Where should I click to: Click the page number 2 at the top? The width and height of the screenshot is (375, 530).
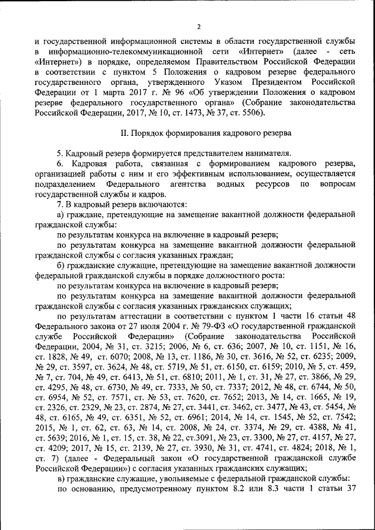[x=199, y=26]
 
